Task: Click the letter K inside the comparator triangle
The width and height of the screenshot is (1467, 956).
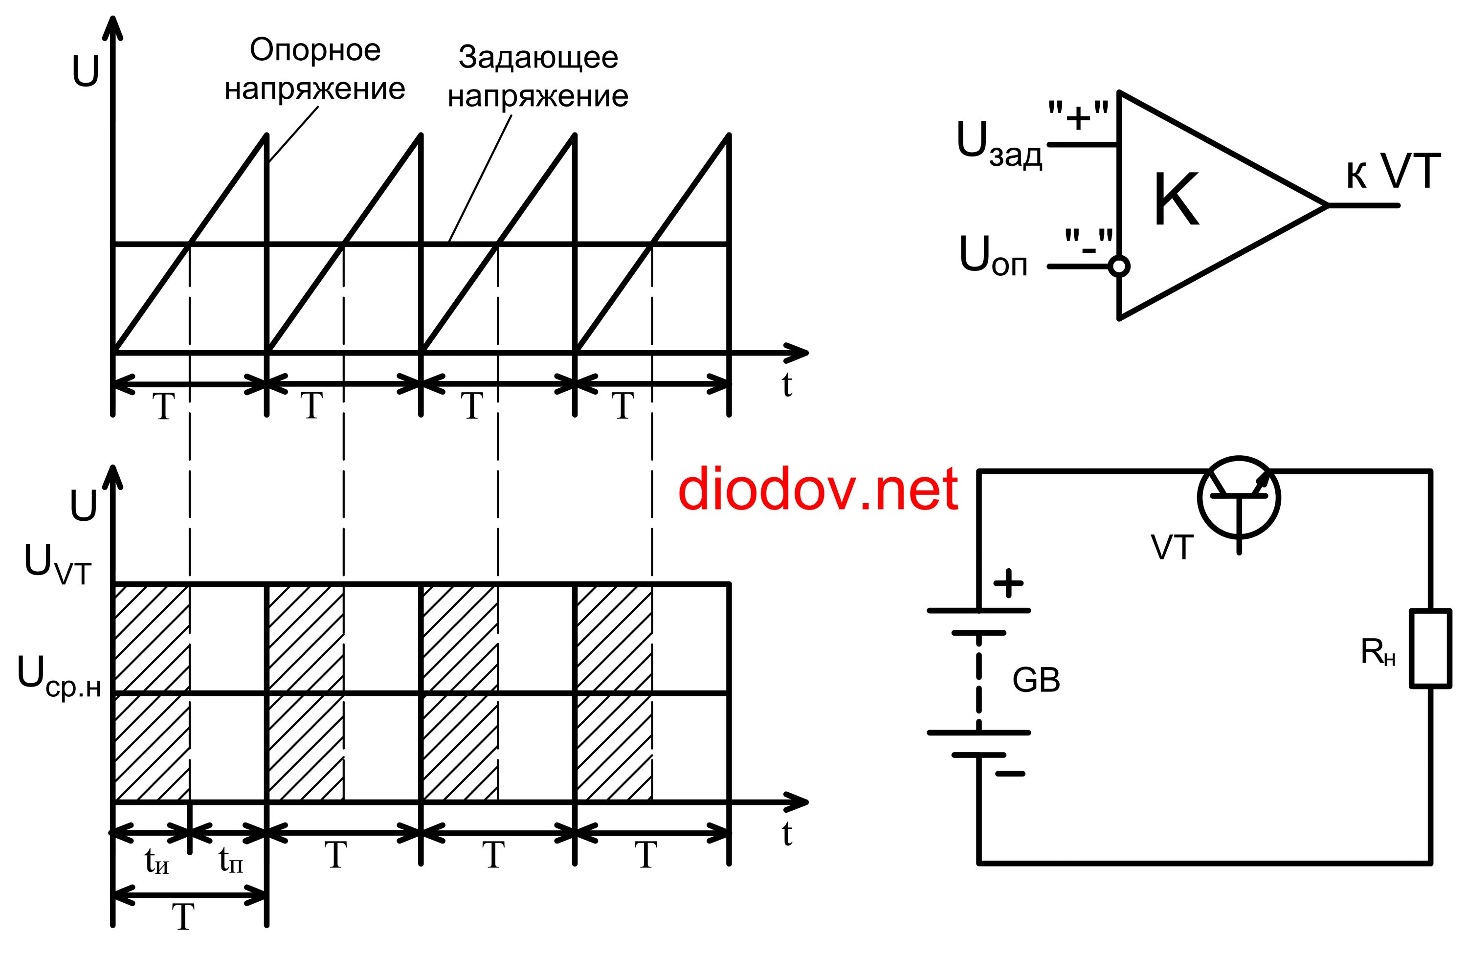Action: [x=1176, y=200]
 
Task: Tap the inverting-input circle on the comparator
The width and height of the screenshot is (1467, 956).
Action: [x=1119, y=267]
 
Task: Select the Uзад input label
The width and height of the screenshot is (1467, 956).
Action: [x=999, y=145]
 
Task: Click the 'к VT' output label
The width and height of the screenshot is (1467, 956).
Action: [x=1393, y=172]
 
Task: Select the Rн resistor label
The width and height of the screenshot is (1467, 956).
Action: [x=1377, y=652]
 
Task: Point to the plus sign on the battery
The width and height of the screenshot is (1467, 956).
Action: [x=1008, y=582]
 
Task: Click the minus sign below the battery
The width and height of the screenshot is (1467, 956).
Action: [x=1010, y=774]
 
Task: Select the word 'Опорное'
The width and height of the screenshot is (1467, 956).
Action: [x=315, y=50]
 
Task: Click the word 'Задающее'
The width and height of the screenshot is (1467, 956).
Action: [x=538, y=58]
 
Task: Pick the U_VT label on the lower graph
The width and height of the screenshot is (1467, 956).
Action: [x=57, y=564]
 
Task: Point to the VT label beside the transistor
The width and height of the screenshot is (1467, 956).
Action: [x=1172, y=547]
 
